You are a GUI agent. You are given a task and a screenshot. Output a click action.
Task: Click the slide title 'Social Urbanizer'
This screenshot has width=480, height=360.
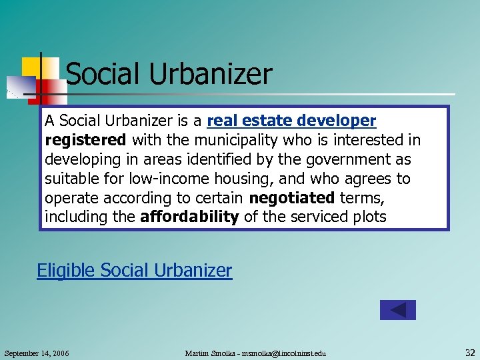(x=169, y=74)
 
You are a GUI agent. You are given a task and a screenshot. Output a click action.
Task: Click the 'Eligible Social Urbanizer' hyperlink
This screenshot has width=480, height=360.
(x=134, y=271)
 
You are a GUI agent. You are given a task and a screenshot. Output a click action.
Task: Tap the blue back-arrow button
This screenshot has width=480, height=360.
(x=397, y=310)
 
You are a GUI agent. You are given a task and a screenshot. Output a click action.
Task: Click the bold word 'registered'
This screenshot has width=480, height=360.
(x=85, y=140)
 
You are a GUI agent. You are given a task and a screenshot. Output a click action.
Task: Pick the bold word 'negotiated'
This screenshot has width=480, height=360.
(x=291, y=198)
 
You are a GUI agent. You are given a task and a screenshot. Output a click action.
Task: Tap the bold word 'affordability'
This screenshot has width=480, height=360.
(x=189, y=217)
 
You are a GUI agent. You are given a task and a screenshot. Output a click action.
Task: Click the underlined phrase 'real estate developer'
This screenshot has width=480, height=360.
(x=292, y=121)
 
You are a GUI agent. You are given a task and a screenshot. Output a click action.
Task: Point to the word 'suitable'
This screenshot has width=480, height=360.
(x=69, y=179)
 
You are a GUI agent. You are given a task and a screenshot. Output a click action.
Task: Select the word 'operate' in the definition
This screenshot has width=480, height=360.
(x=70, y=198)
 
